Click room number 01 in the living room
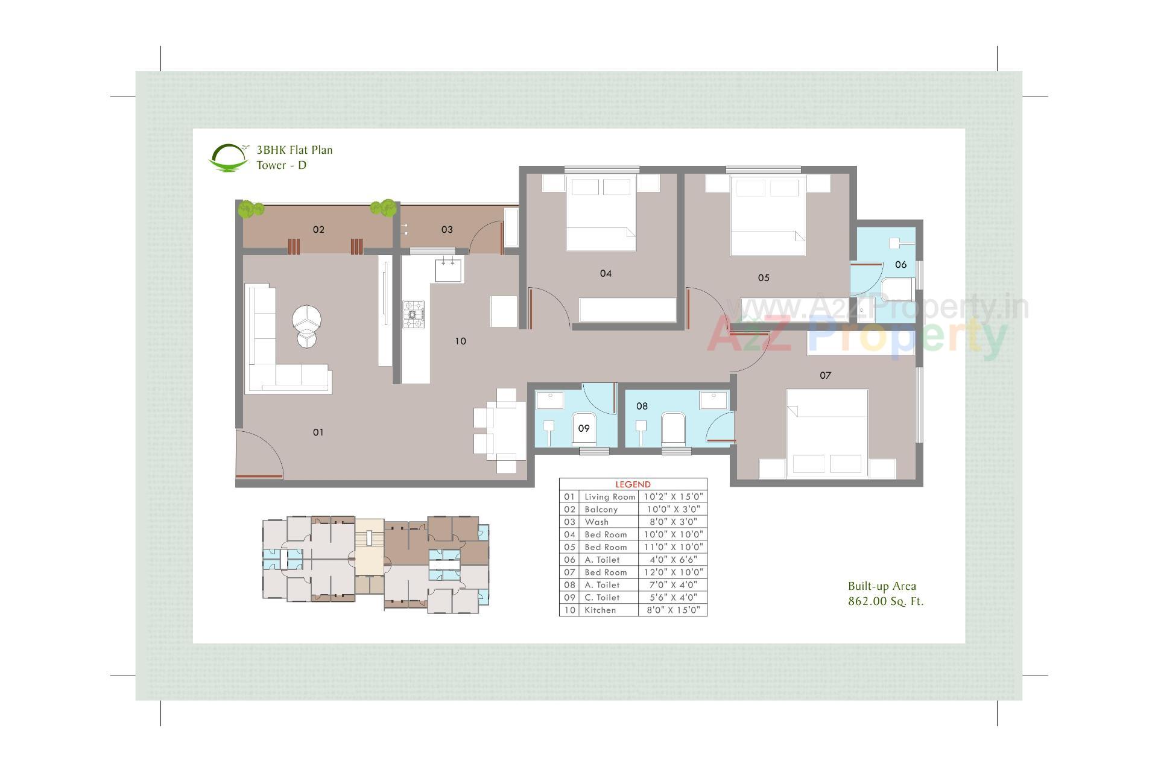coord(318,432)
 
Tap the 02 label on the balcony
coord(318,229)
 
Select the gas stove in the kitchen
coord(414,314)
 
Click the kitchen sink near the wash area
coord(449,269)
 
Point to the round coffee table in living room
coord(306,318)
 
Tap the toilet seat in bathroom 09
coord(583,429)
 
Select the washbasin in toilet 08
coord(713,399)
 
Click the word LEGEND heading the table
coord(633,484)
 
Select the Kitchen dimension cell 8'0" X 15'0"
coord(672,610)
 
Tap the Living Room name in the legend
coord(610,497)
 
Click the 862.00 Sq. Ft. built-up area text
coord(885,601)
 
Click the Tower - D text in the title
coord(281,165)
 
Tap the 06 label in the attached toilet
coord(900,264)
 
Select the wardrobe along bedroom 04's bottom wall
coord(627,309)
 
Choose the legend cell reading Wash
coord(596,522)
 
